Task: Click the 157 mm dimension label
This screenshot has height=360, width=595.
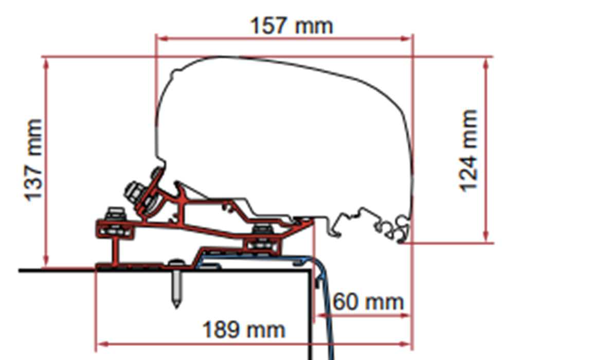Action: click(x=292, y=26)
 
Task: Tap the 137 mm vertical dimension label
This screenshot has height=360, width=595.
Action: click(x=33, y=160)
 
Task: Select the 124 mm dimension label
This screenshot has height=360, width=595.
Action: click(x=468, y=151)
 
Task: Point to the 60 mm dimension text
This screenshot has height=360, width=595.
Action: click(x=368, y=302)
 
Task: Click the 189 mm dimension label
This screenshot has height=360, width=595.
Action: click(x=244, y=329)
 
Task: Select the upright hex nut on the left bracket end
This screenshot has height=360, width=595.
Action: click(x=115, y=214)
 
